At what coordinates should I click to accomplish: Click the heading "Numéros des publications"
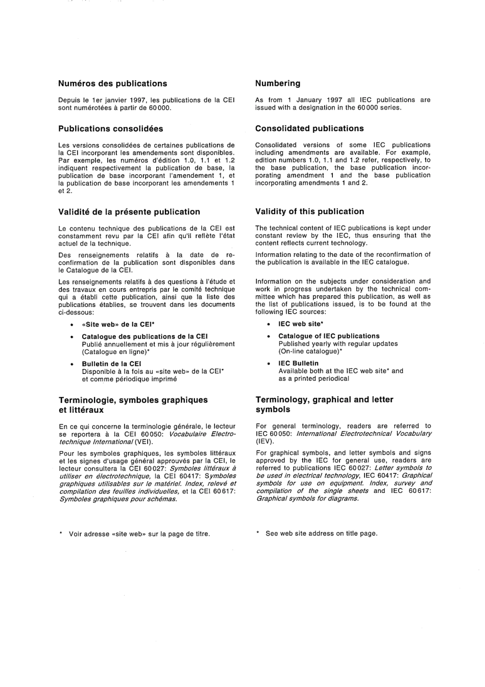coord(112,83)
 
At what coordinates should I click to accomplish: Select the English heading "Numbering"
coord(278,83)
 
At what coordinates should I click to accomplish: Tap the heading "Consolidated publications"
coord(309,128)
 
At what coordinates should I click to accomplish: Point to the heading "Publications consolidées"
coord(111,129)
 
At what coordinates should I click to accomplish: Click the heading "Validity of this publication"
coord(310,211)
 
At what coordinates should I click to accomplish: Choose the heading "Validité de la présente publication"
coord(129,212)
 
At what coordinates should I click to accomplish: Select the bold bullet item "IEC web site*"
coord(301,324)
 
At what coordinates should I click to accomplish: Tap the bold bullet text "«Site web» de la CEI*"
coord(118,324)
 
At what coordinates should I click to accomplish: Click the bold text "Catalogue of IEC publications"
coord(329,336)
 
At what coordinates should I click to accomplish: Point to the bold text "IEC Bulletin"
coord(298,363)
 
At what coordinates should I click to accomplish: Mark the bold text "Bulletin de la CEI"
coord(111,364)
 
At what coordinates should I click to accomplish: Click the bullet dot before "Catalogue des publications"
coord(71,337)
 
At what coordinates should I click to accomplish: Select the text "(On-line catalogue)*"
coord(310,351)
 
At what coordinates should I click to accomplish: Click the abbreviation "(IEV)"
coord(265,441)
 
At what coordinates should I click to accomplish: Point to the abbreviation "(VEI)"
coord(143,442)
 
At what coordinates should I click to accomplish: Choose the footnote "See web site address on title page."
coord(321,533)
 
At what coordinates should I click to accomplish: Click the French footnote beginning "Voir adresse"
coord(139,534)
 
